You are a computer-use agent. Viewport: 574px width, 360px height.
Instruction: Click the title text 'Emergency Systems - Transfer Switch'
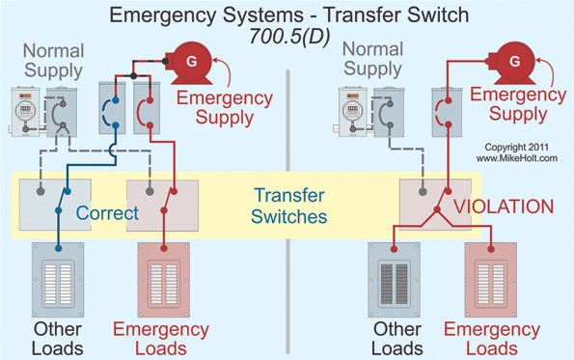coord(287,15)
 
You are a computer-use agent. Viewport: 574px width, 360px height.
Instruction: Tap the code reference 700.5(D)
coord(287,39)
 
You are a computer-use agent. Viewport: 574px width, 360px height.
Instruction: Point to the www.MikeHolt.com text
coord(516,159)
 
